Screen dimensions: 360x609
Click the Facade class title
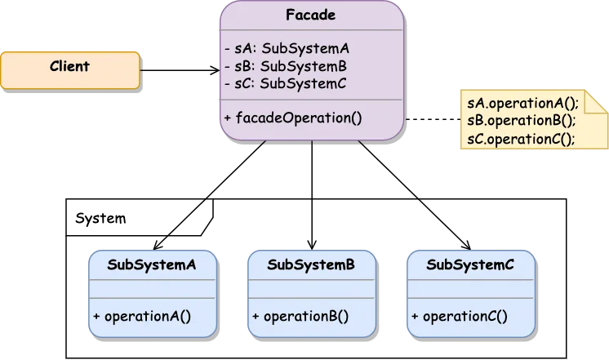(311, 16)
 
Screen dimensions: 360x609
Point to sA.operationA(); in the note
(522, 103)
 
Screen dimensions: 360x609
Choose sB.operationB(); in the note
(522, 120)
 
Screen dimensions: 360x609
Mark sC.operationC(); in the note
(522, 138)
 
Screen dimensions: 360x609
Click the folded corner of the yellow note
(597, 104)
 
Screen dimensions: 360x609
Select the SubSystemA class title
(152, 264)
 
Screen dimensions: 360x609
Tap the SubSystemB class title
(311, 264)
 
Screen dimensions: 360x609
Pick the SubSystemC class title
(470, 264)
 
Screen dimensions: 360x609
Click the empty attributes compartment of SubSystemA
(152, 289)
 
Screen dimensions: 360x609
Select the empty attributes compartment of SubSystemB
(311, 289)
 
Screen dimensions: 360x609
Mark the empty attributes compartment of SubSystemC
(470, 289)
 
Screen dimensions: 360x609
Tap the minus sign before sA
(227, 48)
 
